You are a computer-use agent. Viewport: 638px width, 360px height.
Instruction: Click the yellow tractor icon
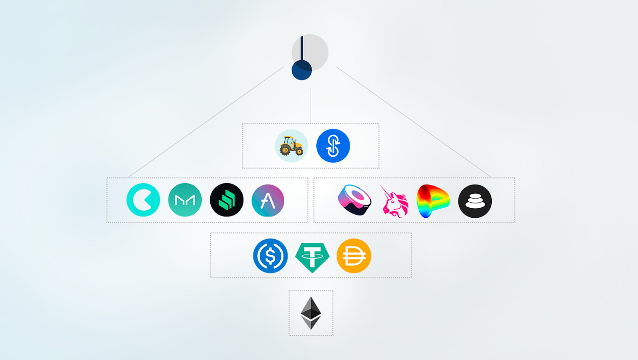click(291, 146)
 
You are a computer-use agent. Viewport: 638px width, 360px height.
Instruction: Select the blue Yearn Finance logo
click(333, 146)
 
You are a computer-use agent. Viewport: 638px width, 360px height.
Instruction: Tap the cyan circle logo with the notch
click(143, 200)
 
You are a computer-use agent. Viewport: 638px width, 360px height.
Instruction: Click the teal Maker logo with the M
click(185, 200)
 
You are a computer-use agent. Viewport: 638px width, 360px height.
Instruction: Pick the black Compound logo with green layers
click(226, 200)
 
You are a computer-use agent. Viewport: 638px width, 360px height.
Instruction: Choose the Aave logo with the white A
click(268, 200)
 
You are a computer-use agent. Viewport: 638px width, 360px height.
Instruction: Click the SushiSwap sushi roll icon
click(354, 201)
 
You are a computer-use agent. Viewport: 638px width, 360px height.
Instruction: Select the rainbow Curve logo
click(432, 201)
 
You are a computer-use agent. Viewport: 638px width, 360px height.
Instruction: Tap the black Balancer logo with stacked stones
click(475, 201)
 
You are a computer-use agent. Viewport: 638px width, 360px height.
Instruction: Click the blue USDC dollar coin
click(271, 256)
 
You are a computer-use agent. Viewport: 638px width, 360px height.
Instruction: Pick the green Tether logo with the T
click(312, 257)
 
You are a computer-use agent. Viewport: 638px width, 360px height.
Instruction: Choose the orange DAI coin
click(354, 256)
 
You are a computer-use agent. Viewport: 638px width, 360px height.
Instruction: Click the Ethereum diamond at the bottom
click(311, 313)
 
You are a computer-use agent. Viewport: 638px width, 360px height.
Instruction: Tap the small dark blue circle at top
click(302, 70)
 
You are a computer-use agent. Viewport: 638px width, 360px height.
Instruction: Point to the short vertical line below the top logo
click(311, 105)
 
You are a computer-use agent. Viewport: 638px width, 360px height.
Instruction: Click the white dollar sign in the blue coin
click(271, 256)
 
